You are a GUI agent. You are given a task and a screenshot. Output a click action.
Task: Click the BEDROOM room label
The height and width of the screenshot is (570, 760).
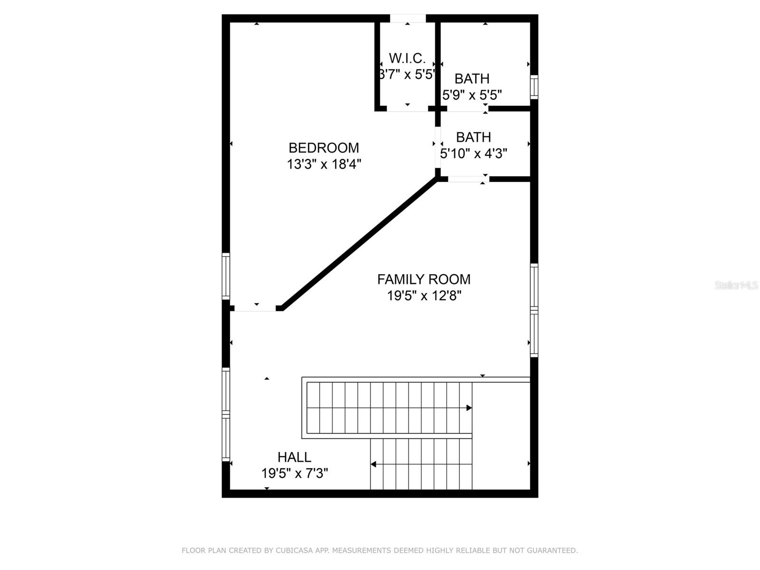(x=323, y=148)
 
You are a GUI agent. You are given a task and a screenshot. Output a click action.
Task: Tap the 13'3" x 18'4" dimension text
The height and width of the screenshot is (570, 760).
(x=323, y=164)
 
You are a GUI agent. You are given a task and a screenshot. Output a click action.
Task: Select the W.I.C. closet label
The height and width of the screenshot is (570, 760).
(x=407, y=58)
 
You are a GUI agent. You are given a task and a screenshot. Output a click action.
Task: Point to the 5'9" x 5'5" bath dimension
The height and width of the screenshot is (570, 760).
(x=472, y=95)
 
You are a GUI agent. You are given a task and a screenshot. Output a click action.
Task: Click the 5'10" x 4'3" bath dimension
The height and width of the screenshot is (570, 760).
(x=474, y=153)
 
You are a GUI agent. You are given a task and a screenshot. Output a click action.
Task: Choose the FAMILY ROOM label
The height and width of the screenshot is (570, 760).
(x=424, y=279)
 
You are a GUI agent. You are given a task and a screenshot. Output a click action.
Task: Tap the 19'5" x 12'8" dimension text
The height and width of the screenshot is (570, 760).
(x=424, y=296)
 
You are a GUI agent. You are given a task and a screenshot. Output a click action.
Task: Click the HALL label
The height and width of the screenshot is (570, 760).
(x=294, y=457)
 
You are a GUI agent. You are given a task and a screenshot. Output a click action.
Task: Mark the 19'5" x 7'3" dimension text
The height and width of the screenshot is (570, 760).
(x=294, y=474)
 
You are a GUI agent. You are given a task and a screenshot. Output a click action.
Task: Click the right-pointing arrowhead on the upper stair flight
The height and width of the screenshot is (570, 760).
(x=469, y=408)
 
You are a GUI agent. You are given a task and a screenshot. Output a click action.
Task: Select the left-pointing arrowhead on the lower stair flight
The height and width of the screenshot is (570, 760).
(x=374, y=464)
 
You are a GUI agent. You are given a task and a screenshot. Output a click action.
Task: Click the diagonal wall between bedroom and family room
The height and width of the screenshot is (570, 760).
(x=360, y=243)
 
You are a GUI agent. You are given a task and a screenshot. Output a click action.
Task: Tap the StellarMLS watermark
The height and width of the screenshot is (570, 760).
(x=736, y=285)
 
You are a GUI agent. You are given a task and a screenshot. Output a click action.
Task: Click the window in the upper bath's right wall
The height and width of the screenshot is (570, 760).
(x=534, y=87)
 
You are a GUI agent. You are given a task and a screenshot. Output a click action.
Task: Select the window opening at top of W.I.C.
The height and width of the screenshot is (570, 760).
(x=408, y=19)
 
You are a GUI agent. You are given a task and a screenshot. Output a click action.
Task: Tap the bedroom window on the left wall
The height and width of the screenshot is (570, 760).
(x=226, y=276)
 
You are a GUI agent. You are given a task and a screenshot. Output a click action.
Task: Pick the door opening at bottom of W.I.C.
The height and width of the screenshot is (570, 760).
(x=407, y=109)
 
